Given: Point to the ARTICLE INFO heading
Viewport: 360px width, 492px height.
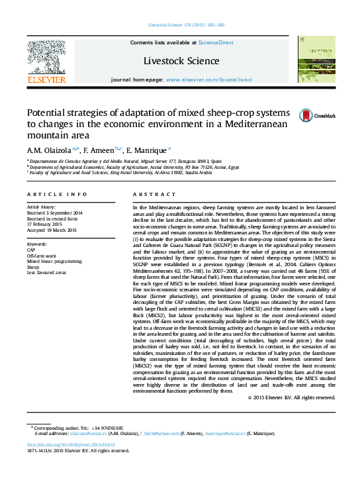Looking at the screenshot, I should [x=56, y=194].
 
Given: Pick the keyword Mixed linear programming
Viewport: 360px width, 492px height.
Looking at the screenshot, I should [x=54, y=262].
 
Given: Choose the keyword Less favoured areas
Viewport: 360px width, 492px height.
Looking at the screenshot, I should [x=47, y=272].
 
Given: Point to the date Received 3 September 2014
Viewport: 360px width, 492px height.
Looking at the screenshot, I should [x=55, y=213].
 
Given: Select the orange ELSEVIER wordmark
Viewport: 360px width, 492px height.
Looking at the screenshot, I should [x=46, y=79].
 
